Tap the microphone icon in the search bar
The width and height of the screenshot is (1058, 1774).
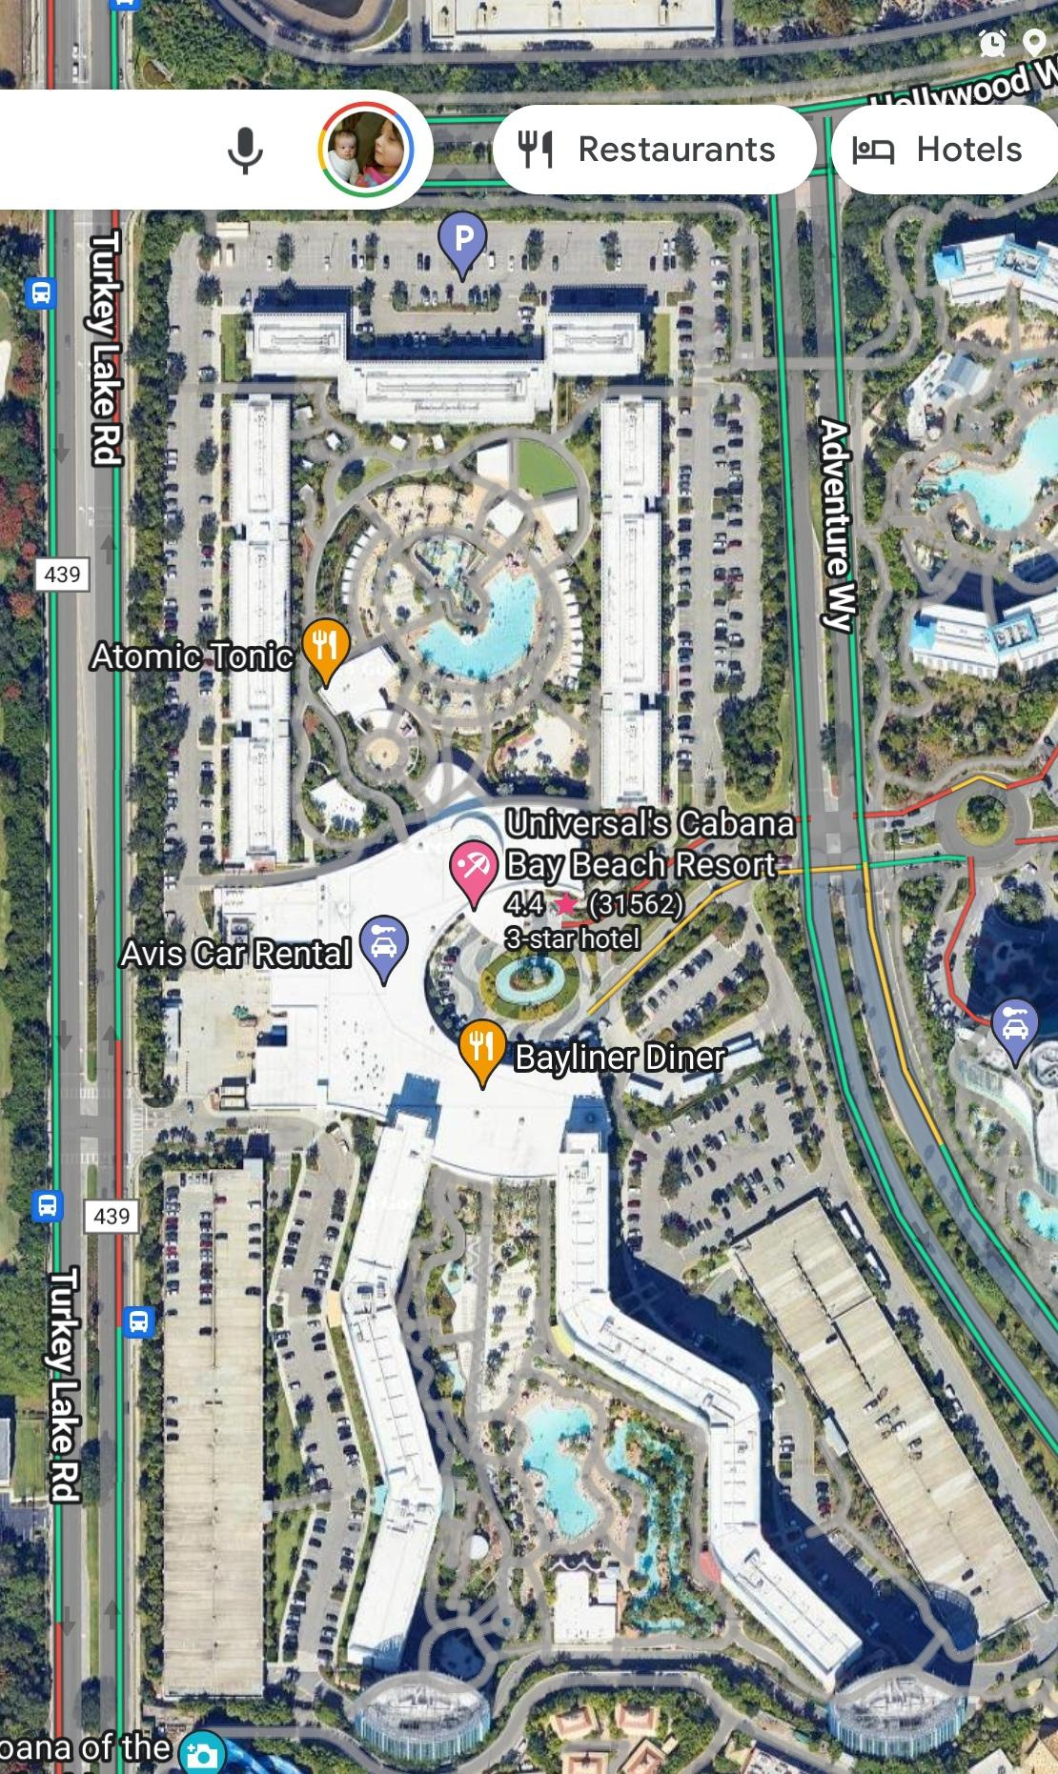[245, 151]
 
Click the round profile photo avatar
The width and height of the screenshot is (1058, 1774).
[366, 151]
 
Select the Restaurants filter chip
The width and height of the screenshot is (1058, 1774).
[654, 150]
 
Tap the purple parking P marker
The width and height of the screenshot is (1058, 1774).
[462, 239]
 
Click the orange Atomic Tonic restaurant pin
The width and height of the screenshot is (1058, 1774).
[325, 647]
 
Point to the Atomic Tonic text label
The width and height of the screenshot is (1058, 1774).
[192, 655]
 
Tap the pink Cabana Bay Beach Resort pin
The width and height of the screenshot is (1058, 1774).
[472, 870]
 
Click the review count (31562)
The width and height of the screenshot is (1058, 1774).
[636, 902]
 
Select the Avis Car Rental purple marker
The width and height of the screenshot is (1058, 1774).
[383, 944]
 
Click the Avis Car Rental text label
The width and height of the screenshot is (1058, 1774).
[235, 953]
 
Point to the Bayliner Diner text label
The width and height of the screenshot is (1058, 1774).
[620, 1057]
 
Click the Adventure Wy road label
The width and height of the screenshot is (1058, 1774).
[835, 524]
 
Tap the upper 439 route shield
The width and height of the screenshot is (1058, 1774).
[62, 574]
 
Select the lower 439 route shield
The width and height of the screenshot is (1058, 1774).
[112, 1216]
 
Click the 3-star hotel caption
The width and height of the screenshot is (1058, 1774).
[572, 938]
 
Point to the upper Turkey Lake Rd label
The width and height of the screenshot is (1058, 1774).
[106, 348]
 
